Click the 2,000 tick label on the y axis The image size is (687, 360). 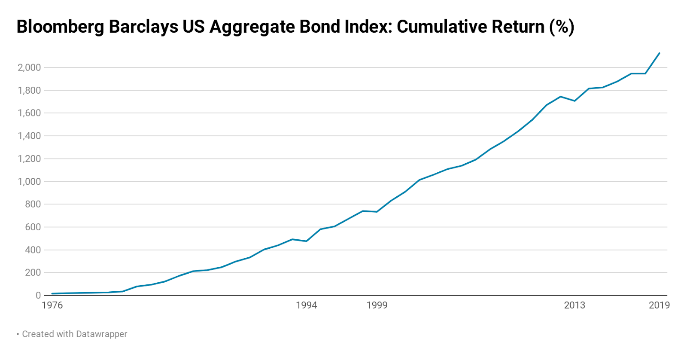[29, 67]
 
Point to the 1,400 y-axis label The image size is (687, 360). [29, 136]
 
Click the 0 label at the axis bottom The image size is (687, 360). [38, 296]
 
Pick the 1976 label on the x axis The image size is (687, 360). [52, 305]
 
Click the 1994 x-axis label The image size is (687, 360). [306, 305]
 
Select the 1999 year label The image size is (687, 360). [377, 305]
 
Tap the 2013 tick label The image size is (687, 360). [575, 305]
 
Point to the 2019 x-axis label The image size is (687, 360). [659, 305]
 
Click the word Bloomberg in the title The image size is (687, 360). [60, 27]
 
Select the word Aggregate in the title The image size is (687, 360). [252, 27]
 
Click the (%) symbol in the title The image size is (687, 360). [562, 27]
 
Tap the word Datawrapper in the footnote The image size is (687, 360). [101, 334]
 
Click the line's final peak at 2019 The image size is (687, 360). [659, 53]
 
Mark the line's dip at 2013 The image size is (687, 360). [575, 101]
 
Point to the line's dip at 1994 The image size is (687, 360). [306, 241]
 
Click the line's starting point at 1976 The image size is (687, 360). [52, 294]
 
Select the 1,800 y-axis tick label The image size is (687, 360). [29, 90]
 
